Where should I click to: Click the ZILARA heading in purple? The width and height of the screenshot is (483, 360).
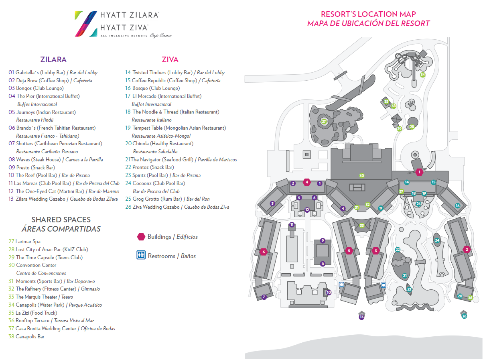53,59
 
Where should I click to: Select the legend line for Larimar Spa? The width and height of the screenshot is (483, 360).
28,242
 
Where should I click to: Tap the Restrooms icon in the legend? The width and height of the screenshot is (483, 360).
141,256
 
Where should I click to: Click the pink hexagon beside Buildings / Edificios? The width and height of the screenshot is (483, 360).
141,237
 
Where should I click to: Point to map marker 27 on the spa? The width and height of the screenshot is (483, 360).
324,121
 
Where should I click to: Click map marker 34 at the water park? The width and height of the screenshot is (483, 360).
422,75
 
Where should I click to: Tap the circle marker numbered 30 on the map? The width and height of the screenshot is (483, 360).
361,176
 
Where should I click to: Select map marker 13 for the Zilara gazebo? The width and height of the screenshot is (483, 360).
361,317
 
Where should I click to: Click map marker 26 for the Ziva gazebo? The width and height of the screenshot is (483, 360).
464,316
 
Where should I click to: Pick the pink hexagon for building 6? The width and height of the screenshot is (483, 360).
263,252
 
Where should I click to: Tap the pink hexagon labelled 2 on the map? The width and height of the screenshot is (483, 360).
466,249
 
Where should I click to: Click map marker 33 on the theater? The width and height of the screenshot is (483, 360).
361,226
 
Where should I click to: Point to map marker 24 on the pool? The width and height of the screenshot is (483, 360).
437,240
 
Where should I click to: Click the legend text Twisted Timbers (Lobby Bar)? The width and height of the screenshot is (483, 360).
162,73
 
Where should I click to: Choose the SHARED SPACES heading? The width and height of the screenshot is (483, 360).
61,220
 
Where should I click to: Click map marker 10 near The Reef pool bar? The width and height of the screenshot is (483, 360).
329,293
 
